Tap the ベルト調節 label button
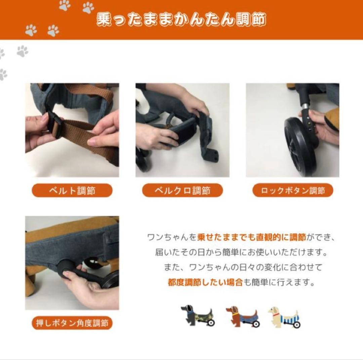click(72, 191)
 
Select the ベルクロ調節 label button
click(182, 191)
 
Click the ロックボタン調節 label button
click(293, 191)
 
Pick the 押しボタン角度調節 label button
click(72, 323)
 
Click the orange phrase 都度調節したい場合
click(205, 282)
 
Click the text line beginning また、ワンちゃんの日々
click(243, 267)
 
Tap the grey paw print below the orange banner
click(23, 51)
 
